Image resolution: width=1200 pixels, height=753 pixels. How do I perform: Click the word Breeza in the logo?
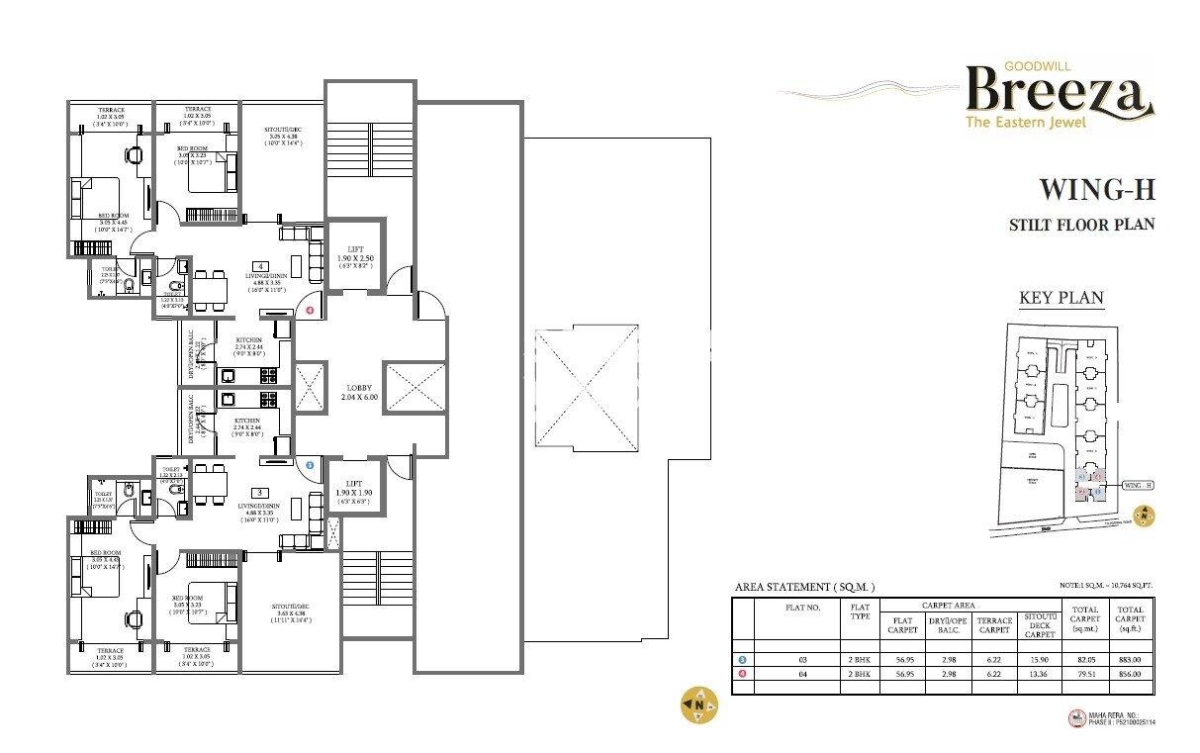pyautogui.click(x=1059, y=90)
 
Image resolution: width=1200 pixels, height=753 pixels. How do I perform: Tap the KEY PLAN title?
pyautogui.click(x=1061, y=298)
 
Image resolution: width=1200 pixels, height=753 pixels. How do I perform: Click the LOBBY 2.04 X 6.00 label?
pyautogui.click(x=358, y=391)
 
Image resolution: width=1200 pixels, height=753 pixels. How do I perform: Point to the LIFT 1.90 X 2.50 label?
pyautogui.click(x=355, y=256)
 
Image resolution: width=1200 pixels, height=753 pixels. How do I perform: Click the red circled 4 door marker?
pyautogui.click(x=310, y=311)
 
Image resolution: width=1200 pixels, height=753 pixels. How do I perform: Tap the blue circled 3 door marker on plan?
pyautogui.click(x=310, y=463)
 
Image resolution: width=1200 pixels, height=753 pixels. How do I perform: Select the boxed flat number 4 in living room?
pyautogui.click(x=259, y=266)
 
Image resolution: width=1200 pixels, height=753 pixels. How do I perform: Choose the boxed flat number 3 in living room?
pyautogui.click(x=259, y=492)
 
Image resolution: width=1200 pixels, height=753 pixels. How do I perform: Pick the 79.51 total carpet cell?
pyautogui.click(x=1079, y=674)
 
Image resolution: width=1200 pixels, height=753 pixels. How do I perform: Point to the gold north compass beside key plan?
pyautogui.click(x=1144, y=515)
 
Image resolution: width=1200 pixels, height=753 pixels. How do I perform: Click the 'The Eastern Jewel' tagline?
pyautogui.click(x=1026, y=123)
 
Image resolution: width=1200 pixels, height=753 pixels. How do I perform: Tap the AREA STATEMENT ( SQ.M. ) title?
pyautogui.click(x=804, y=588)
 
